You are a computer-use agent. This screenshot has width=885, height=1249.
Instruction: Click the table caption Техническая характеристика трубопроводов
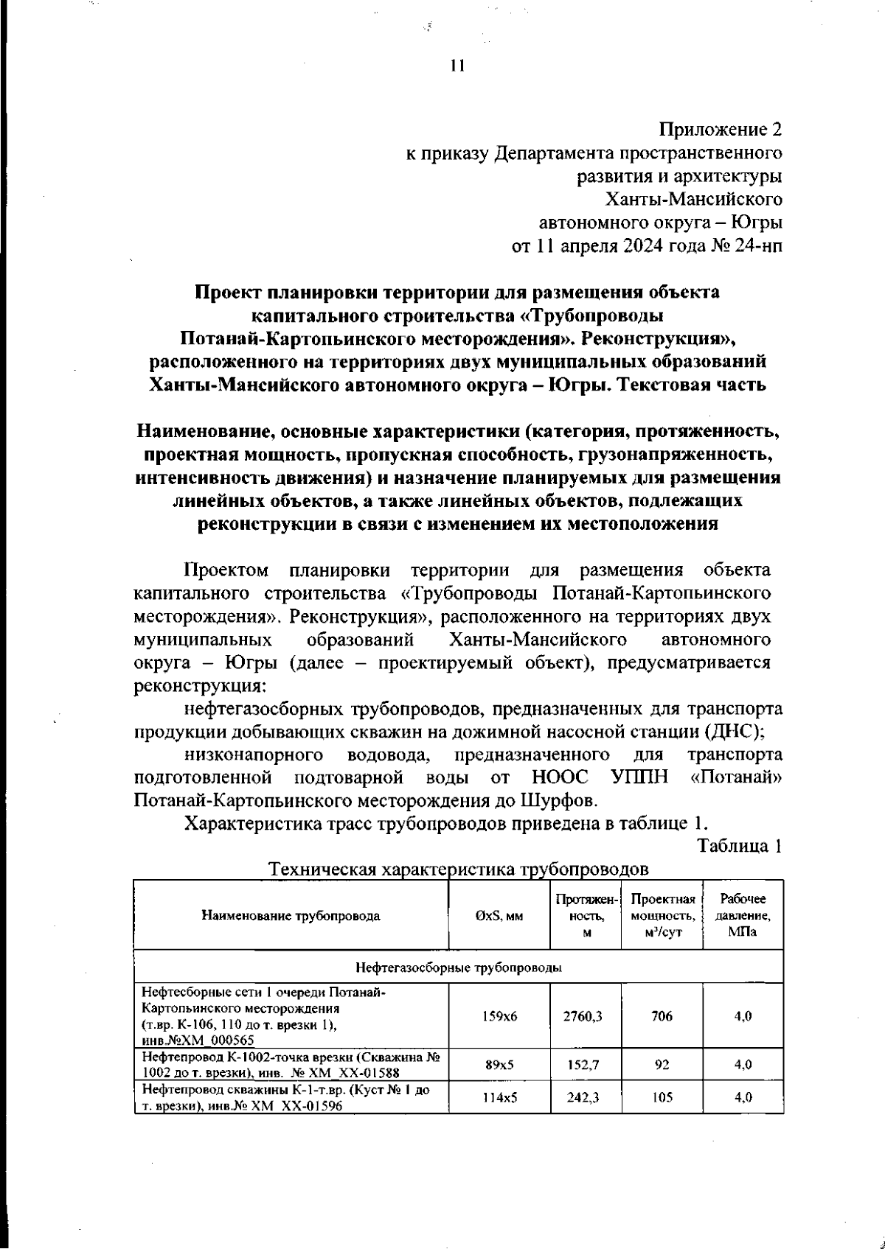point(459,870)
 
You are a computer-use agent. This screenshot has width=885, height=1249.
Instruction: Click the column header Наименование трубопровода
point(291,916)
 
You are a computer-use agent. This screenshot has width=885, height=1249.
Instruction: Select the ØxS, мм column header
point(499,916)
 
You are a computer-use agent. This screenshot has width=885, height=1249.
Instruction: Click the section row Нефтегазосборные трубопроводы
point(458,967)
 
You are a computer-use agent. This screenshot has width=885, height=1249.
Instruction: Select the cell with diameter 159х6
point(500,1016)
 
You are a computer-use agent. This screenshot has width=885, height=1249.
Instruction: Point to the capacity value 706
point(662,1016)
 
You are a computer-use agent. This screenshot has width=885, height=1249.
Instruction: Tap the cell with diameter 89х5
point(500,1065)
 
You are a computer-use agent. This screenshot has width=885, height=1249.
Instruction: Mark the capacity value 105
point(662,1096)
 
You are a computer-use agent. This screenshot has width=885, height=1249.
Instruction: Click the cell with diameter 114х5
point(500,1096)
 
